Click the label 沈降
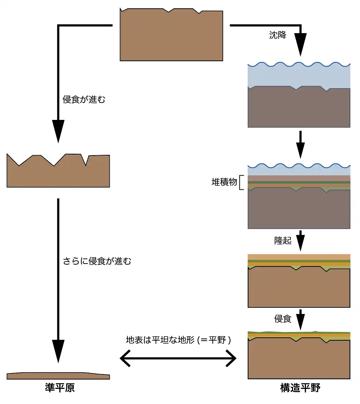coord(278,35)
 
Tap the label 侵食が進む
coord(84,100)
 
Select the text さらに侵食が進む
coord(97,261)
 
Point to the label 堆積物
coord(224,182)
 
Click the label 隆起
coord(283,241)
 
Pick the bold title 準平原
coord(60,387)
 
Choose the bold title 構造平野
coord(300,388)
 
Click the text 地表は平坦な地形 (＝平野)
coord(178,340)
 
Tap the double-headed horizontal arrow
coord(178,359)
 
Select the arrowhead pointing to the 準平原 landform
coord(58,351)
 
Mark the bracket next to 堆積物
coord(242,182)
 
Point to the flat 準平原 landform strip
coord(58,376)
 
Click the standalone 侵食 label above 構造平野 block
coord(283,319)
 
